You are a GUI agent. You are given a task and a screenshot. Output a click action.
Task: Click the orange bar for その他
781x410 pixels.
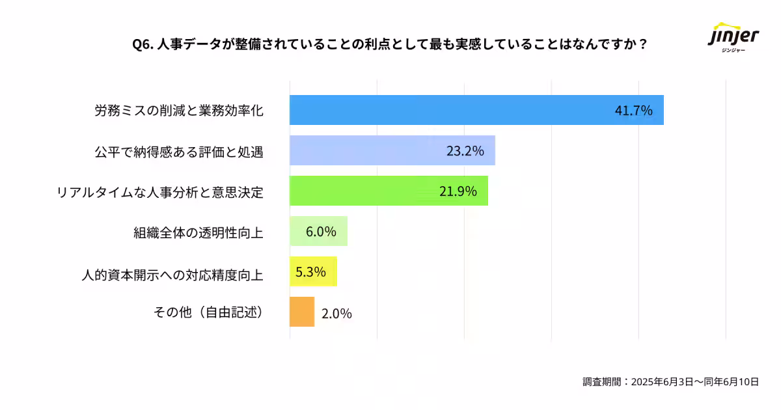(x=302, y=312)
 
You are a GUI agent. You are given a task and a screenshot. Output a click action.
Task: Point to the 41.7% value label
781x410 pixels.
(x=633, y=111)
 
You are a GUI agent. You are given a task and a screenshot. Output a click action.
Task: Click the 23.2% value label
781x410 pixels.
(x=465, y=151)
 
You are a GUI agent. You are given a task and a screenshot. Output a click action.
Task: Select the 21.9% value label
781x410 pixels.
(x=458, y=191)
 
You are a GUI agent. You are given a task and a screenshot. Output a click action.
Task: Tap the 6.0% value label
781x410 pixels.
(x=321, y=232)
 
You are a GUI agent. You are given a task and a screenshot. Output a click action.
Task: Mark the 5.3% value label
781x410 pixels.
(x=310, y=272)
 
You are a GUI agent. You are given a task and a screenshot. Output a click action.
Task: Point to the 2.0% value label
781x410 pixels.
(x=336, y=314)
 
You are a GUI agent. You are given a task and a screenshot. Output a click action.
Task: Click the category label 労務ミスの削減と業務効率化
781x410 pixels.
(x=179, y=111)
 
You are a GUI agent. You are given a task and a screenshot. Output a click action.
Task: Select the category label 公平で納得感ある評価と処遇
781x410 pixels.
(x=179, y=152)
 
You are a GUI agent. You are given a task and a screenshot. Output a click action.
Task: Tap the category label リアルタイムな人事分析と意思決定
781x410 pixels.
(x=160, y=192)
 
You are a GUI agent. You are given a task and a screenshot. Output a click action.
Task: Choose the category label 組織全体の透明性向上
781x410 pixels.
(x=198, y=232)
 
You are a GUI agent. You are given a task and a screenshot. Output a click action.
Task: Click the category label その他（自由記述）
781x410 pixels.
(x=208, y=313)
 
